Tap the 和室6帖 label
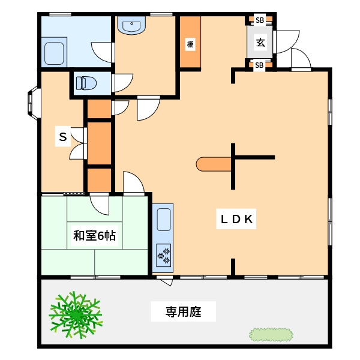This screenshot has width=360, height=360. pyautogui.click(x=94, y=236)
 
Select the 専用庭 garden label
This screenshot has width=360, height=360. pyautogui.click(x=183, y=312)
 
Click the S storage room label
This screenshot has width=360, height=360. pyautogui.click(x=62, y=137)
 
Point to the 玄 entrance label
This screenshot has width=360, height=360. pyautogui.click(x=261, y=43)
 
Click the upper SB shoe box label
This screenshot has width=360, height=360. pyautogui.click(x=260, y=20)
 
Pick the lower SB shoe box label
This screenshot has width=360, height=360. pyautogui.click(x=260, y=65)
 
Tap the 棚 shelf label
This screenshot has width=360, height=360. pyautogui.click(x=190, y=44)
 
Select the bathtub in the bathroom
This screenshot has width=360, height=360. pyautogui.click(x=55, y=53)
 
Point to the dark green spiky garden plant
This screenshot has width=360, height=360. pyautogui.click(x=75, y=313)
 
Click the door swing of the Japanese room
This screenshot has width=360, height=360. pyautogui.click(x=101, y=206)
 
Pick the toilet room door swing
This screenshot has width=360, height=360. pyautogui.click(x=122, y=82)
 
